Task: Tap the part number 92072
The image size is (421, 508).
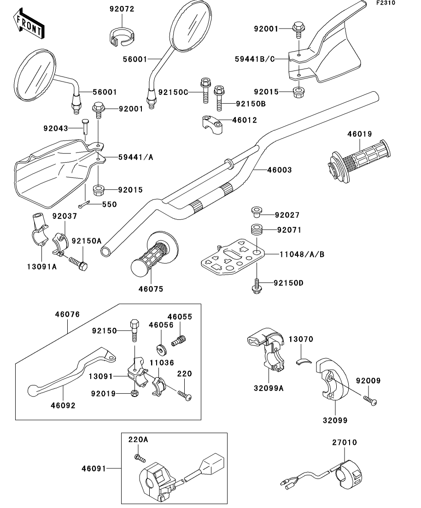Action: click(x=122, y=9)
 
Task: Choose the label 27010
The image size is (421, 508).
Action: click(x=345, y=443)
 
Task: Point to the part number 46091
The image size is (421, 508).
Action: click(x=94, y=469)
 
